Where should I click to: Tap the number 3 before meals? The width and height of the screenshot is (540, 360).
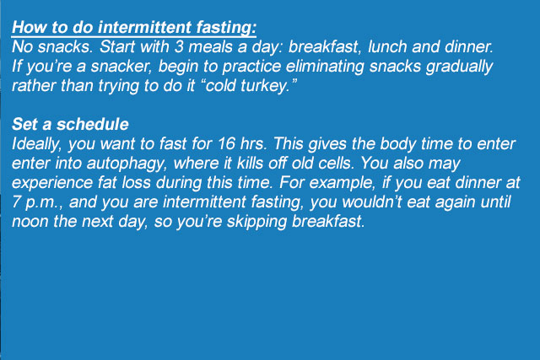pyautogui.click(x=179, y=47)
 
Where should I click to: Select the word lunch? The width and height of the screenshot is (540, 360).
pyautogui.click(x=387, y=47)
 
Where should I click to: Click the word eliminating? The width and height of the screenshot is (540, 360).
pyautogui.click(x=325, y=67)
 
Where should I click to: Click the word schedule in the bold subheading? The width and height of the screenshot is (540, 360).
pyautogui.click(x=93, y=124)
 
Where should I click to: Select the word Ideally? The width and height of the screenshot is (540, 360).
pyautogui.click(x=36, y=144)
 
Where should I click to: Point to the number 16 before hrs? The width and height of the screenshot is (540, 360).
pyautogui.click(x=226, y=143)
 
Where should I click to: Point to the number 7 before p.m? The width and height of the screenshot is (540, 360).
pyautogui.click(x=16, y=202)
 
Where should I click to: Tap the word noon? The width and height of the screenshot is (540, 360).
pyautogui.click(x=30, y=222)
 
